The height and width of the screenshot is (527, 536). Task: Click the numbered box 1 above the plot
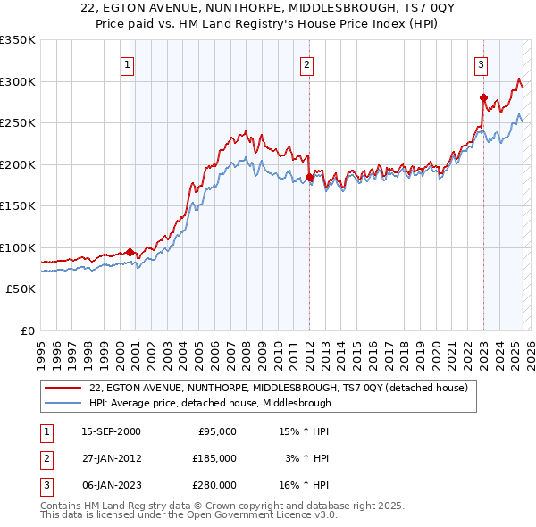coord(128,64)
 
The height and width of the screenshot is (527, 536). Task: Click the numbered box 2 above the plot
coord(306,64)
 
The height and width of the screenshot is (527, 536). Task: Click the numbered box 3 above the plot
coord(481,64)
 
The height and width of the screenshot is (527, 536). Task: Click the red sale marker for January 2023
coord(483,97)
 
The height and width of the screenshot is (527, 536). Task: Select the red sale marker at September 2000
coord(130,252)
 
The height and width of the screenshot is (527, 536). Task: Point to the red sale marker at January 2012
coord(309,177)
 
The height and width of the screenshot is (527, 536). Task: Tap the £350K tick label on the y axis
coord(18,40)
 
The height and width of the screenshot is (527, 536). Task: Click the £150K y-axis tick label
coord(18,205)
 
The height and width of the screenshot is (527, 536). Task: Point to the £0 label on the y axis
coord(27,330)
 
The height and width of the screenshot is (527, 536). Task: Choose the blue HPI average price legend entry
coord(210,403)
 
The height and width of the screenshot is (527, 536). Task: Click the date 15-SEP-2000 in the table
coord(111,431)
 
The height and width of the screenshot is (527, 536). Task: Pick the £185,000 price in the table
coord(214,458)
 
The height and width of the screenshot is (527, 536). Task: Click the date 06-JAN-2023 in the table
coord(111,485)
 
